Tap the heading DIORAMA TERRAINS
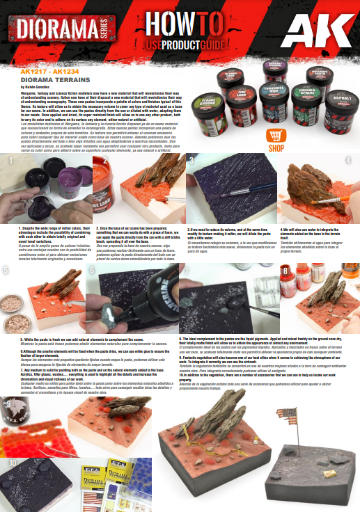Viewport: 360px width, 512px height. click(46, 79)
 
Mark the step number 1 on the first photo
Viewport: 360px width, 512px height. click(11, 162)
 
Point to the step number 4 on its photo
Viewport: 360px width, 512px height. click(348, 161)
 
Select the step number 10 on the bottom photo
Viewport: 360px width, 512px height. click(13, 462)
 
